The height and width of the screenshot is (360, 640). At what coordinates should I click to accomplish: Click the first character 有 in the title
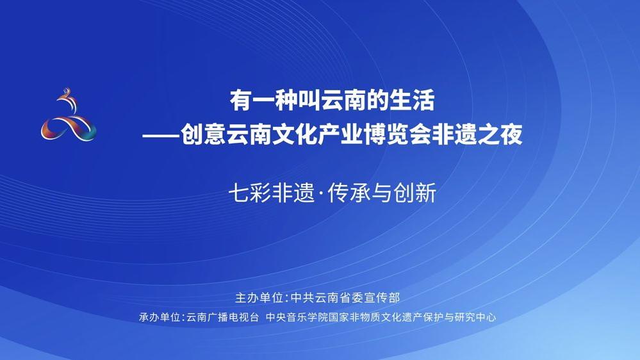tap(241, 101)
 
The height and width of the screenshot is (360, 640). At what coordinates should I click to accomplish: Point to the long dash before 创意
tap(161, 135)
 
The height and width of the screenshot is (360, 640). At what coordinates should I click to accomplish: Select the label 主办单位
tap(259, 298)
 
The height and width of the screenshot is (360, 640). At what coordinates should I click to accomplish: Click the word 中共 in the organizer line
tap(302, 298)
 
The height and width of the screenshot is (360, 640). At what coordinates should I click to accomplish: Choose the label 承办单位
tap(160, 317)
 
